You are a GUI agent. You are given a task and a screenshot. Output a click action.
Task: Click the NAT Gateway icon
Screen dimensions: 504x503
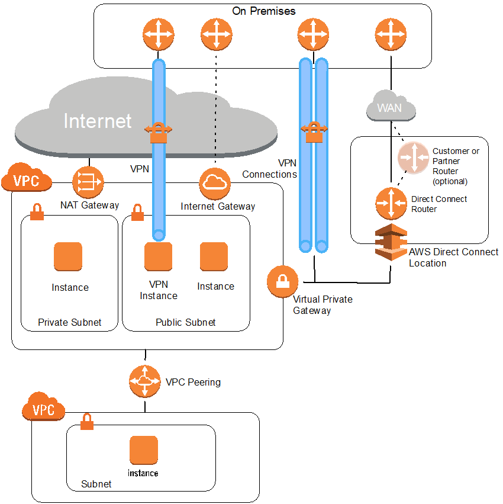[88, 182]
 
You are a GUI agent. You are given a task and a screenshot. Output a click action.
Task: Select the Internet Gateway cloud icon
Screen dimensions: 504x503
[214, 183]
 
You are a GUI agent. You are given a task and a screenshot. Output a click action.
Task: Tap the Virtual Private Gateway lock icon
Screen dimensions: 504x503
[282, 281]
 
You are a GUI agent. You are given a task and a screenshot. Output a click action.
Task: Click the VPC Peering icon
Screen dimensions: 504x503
[145, 381]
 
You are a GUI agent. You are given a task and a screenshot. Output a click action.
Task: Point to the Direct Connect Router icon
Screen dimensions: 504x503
[391, 203]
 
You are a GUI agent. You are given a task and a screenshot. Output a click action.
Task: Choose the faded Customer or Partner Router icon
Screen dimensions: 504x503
[413, 158]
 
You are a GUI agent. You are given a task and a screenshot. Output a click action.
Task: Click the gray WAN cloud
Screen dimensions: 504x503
[390, 107]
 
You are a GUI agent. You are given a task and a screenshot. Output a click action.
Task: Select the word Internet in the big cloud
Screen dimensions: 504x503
[98, 121]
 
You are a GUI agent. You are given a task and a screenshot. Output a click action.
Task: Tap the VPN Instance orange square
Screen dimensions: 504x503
[159, 256]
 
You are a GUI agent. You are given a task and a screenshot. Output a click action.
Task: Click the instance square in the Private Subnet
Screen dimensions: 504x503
[68, 256]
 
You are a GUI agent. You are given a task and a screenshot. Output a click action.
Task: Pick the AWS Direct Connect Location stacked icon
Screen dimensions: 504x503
[391, 241]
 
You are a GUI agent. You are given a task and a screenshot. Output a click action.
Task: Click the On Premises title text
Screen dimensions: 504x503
[263, 11]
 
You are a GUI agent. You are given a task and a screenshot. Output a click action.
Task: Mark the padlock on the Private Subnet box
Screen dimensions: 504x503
[37, 212]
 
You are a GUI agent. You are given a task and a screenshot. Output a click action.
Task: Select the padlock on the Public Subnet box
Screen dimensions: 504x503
[137, 212]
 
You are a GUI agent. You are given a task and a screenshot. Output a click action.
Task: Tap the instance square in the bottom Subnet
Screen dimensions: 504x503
[144, 450]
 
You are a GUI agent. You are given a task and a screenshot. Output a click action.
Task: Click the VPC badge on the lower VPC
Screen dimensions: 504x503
[43, 409]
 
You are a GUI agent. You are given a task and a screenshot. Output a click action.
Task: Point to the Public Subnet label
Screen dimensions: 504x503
[185, 323]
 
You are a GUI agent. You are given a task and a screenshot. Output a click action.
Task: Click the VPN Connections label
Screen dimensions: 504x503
[269, 169]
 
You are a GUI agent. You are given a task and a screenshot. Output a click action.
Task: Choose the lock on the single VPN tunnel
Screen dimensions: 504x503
[159, 133]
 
